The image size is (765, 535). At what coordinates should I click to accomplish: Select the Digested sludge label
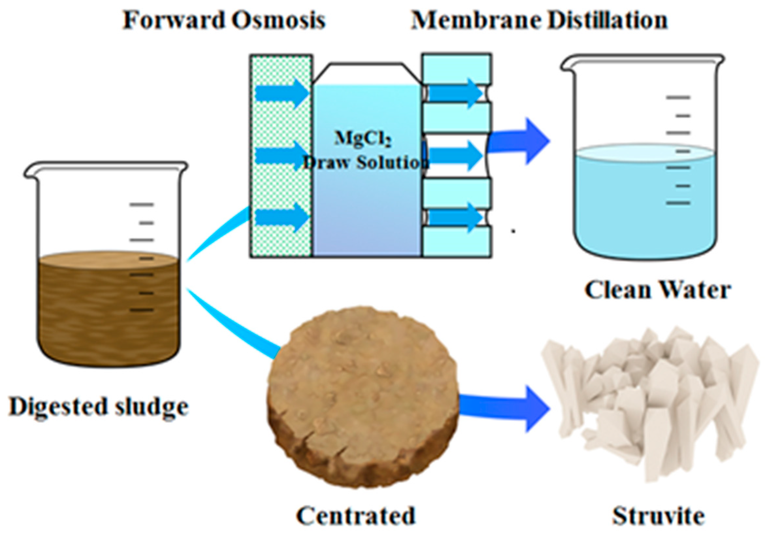tap(99, 406)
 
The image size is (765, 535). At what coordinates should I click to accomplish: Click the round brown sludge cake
tap(363, 397)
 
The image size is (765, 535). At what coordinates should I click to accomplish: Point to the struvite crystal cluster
tap(650, 400)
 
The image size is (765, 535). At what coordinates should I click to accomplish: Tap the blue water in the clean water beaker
tap(645, 207)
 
